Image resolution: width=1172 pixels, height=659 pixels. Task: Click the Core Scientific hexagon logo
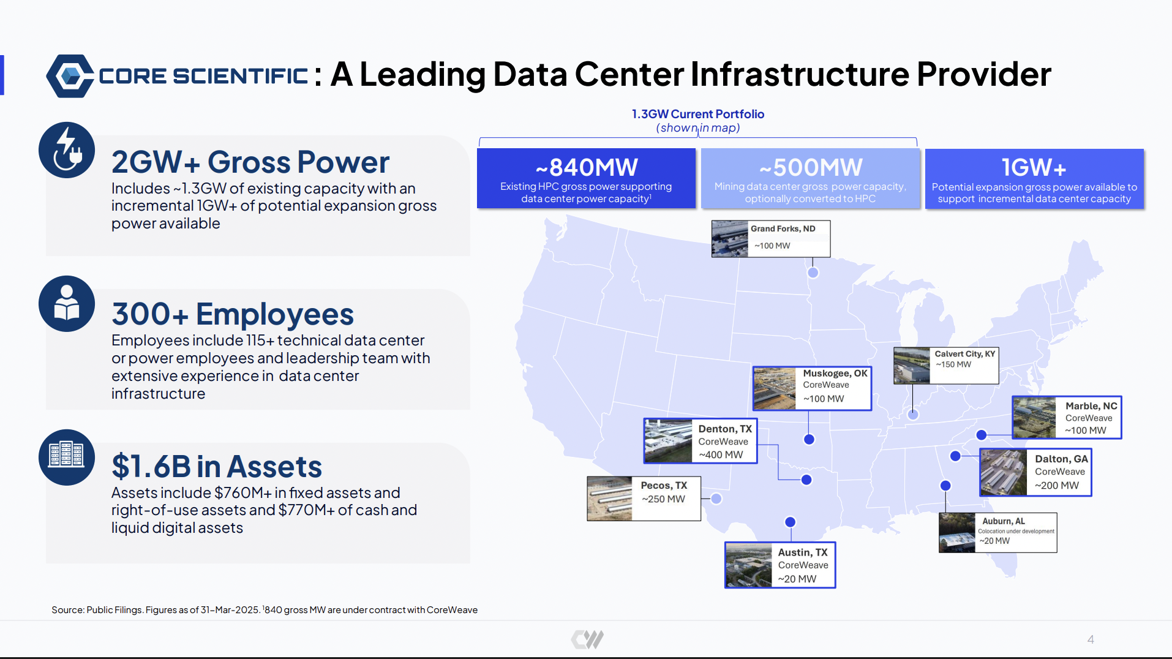70,76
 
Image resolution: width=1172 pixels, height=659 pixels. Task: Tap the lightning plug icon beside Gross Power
67,150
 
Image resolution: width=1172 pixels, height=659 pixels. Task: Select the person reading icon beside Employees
67,304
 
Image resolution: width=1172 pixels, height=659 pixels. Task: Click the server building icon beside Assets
67,457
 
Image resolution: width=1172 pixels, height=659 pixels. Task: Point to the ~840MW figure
587,167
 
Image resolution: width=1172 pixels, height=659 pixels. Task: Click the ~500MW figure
811,167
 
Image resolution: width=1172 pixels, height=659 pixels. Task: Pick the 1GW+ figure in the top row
1034,167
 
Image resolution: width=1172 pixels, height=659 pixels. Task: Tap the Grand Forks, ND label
783,228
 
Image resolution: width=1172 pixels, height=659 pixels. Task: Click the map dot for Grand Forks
813,273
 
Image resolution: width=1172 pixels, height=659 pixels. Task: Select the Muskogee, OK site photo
775,388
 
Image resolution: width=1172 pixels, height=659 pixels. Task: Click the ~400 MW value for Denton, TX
721,455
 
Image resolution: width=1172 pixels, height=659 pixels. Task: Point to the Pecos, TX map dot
716,499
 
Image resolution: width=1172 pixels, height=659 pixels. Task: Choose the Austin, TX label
803,552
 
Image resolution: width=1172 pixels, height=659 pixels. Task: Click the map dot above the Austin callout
790,522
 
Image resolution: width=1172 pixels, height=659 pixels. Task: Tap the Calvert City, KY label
965,354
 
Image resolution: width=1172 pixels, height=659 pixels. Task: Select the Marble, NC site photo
1035,417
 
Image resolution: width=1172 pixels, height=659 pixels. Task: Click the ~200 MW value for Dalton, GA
1057,486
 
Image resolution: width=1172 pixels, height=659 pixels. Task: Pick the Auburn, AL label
1004,521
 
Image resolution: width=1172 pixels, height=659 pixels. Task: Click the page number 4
1091,639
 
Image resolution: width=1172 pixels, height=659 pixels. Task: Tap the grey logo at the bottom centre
587,639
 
